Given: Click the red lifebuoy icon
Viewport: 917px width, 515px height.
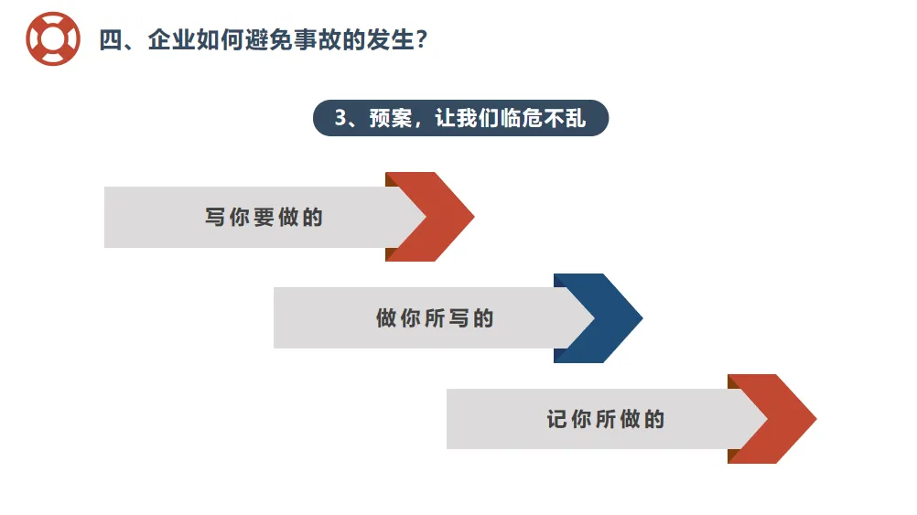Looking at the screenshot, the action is click(53, 39).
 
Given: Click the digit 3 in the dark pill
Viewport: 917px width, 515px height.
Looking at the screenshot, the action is click(340, 119).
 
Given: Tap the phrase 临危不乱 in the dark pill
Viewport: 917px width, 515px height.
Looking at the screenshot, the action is click(543, 119).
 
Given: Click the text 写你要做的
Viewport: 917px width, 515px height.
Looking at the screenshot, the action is click(264, 218).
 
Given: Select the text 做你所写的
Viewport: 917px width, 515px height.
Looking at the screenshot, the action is click(435, 318).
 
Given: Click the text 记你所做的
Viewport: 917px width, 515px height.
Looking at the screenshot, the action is click(606, 419).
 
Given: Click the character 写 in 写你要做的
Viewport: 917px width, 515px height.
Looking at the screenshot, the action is click(215, 218).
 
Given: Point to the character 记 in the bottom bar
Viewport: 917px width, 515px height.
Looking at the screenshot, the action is click(557, 419).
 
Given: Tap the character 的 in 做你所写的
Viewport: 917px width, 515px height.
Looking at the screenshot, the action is click(483, 318).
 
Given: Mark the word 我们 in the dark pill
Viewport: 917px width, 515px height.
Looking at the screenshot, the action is click(466, 119).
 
